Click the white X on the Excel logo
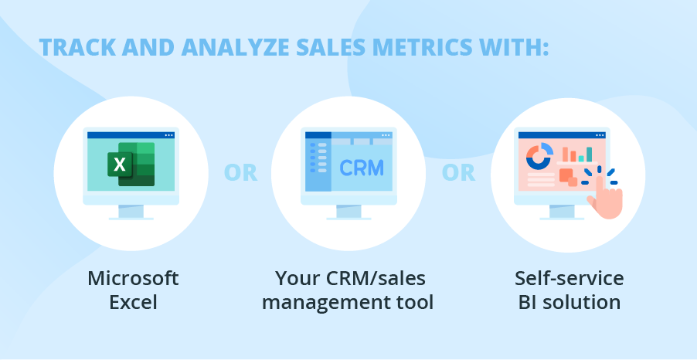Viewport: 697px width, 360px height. tap(120, 165)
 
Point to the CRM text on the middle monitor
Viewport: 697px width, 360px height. tap(362, 168)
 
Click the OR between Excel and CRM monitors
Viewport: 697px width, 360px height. tap(240, 173)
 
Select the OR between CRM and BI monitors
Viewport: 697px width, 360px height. tap(458, 173)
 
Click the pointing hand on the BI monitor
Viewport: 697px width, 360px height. tap(605, 198)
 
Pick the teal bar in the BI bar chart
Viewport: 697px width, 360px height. tap(589, 155)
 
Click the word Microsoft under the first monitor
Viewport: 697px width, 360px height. tap(133, 279)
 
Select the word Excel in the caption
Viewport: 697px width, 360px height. tap(133, 303)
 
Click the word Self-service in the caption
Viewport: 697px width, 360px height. tap(569, 279)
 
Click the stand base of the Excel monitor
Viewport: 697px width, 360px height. tap(131, 218)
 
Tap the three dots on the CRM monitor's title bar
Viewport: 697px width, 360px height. tap(386, 135)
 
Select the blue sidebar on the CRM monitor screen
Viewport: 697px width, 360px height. tap(318, 165)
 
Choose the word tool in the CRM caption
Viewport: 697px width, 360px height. tap(415, 303)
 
